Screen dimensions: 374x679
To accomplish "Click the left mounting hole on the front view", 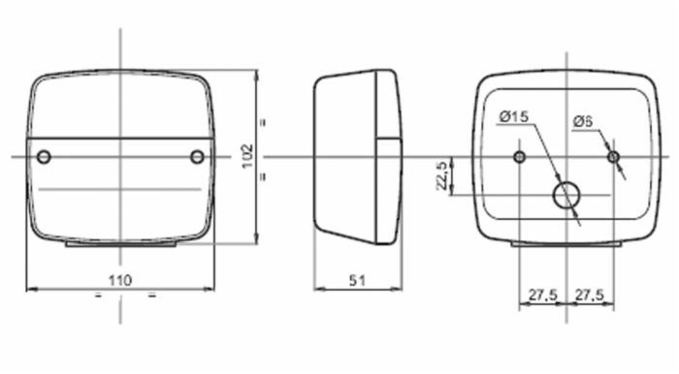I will pos(43,157).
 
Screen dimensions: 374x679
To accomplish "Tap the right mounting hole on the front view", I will pos(198,157).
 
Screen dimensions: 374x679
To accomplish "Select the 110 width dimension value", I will pos(119,280).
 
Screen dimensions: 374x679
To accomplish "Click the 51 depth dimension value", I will pos(357,280).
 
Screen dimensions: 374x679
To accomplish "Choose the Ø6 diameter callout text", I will pos(582,120).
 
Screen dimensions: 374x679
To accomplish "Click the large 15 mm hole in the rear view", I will pos(566,195).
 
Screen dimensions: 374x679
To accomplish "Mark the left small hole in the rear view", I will pos(520,157).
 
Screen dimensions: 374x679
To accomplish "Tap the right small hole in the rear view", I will pos(612,157).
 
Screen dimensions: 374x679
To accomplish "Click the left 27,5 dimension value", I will pos(542,293).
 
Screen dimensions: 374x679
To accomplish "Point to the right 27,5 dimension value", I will pos(591,293).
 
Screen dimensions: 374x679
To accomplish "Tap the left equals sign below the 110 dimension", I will pos(98,296).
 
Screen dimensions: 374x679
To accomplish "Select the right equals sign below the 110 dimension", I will pos(151,296).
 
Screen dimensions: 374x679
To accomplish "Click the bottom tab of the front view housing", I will pos(120,244).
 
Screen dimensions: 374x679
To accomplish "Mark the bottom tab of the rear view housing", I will pos(566,244).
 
